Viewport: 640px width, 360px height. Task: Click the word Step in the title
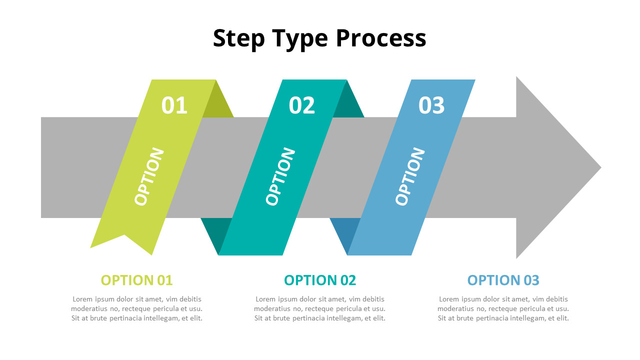tap(238, 38)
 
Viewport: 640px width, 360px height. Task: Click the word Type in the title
tap(300, 39)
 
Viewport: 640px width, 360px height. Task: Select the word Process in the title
tap(381, 38)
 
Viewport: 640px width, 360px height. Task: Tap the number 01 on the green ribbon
tap(174, 105)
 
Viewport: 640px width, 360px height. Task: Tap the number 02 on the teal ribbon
tap(301, 105)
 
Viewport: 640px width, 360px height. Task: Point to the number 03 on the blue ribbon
tap(431, 105)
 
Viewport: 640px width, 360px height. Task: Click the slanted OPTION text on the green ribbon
tap(149, 176)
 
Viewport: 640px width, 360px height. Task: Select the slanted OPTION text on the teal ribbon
tap(280, 176)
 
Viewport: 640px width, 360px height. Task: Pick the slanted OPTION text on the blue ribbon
tap(409, 176)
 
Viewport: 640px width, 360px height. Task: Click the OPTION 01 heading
tap(137, 280)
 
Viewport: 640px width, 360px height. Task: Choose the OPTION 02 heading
tap(320, 280)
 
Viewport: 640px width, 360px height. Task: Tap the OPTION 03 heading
tap(503, 280)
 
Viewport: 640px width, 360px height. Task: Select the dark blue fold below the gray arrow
tap(344, 231)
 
